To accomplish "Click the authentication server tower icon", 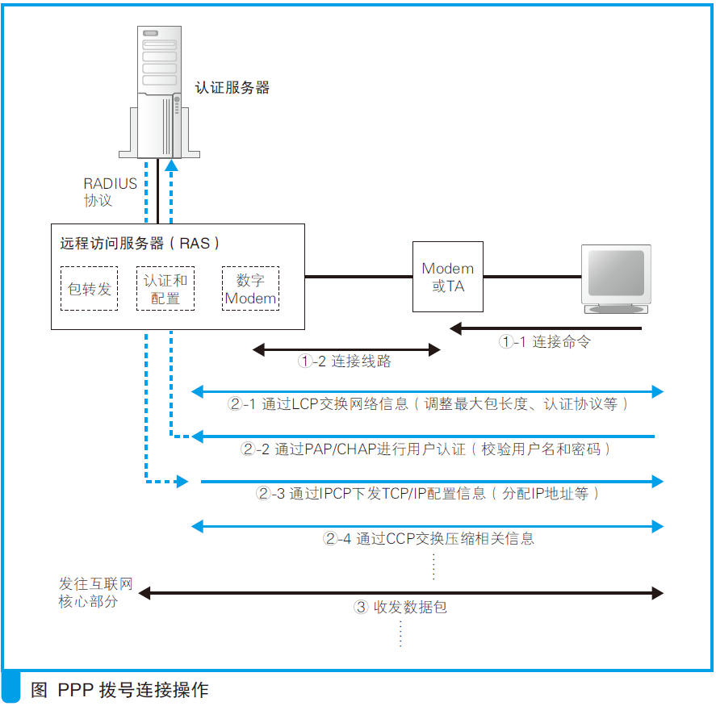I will pyautogui.click(x=157, y=93).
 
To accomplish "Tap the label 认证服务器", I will pyautogui.click(x=232, y=88).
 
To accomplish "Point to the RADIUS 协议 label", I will pyautogui.click(x=110, y=192).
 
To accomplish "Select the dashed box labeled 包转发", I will pyautogui.click(x=89, y=288).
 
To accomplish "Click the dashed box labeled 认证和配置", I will pyautogui.click(x=165, y=289).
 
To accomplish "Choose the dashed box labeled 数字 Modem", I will pyautogui.click(x=250, y=289).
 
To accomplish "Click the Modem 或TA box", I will pyautogui.click(x=448, y=277).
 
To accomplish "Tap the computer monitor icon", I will pyautogui.click(x=616, y=279).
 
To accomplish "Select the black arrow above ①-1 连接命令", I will pyautogui.click(x=546, y=328).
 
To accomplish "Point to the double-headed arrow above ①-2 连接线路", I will pyautogui.click(x=346, y=350).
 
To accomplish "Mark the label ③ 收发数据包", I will pyautogui.click(x=400, y=608).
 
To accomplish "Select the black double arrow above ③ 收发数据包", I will pyautogui.click(x=400, y=593).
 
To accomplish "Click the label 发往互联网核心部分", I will pyautogui.click(x=94, y=592).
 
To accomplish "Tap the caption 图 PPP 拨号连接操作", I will pyautogui.click(x=119, y=690).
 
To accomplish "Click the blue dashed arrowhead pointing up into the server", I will pyautogui.click(x=171, y=165).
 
